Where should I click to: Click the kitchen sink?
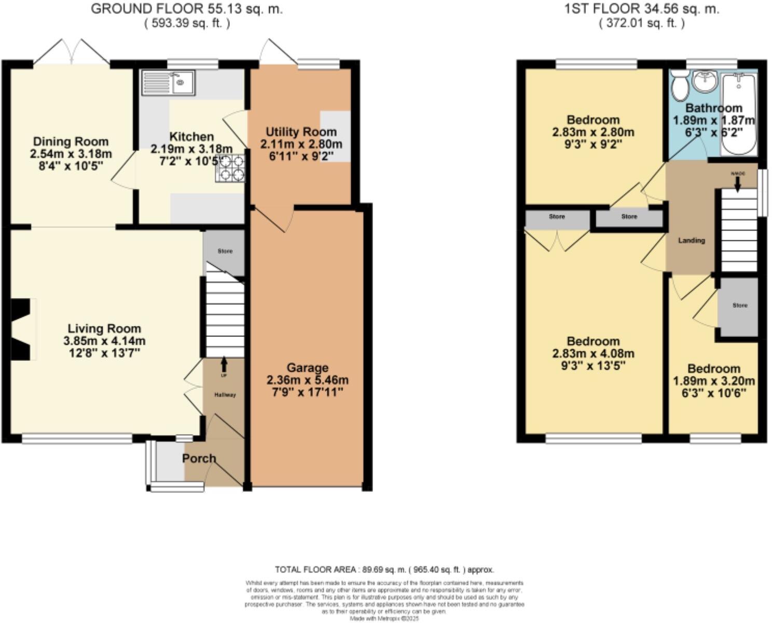coord(168,83)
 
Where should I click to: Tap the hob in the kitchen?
coord(230,169)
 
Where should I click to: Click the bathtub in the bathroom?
coord(739,113)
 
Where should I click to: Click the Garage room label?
coord(307,368)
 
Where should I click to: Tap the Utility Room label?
coord(301,132)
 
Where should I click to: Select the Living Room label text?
coord(104,329)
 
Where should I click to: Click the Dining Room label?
coord(71,141)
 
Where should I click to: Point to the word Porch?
coord(199,458)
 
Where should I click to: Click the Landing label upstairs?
coord(692,240)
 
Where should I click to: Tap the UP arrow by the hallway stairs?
coord(224,363)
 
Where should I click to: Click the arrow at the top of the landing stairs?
coord(737,182)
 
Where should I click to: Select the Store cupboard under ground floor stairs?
coord(225,251)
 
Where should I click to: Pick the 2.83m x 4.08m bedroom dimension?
coord(593,354)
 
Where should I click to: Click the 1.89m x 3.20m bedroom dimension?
coord(713,381)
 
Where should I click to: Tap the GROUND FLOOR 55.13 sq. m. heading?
coord(187,9)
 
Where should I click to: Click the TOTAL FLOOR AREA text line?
coord(384,570)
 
